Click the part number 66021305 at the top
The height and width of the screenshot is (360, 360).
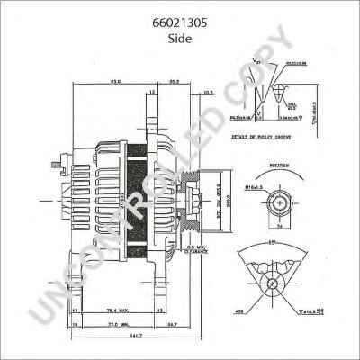coord(179,24)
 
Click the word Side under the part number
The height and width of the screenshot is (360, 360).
coord(179,40)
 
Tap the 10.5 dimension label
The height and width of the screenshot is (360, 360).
coord(209,92)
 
